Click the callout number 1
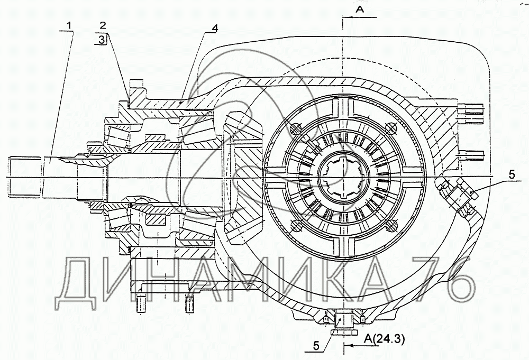pyautogui.click(x=71, y=24)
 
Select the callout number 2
pyautogui.click(x=103, y=25)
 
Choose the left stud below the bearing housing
pyautogui.click(x=142, y=303)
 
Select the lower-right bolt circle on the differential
pyautogui.click(x=390, y=226)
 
